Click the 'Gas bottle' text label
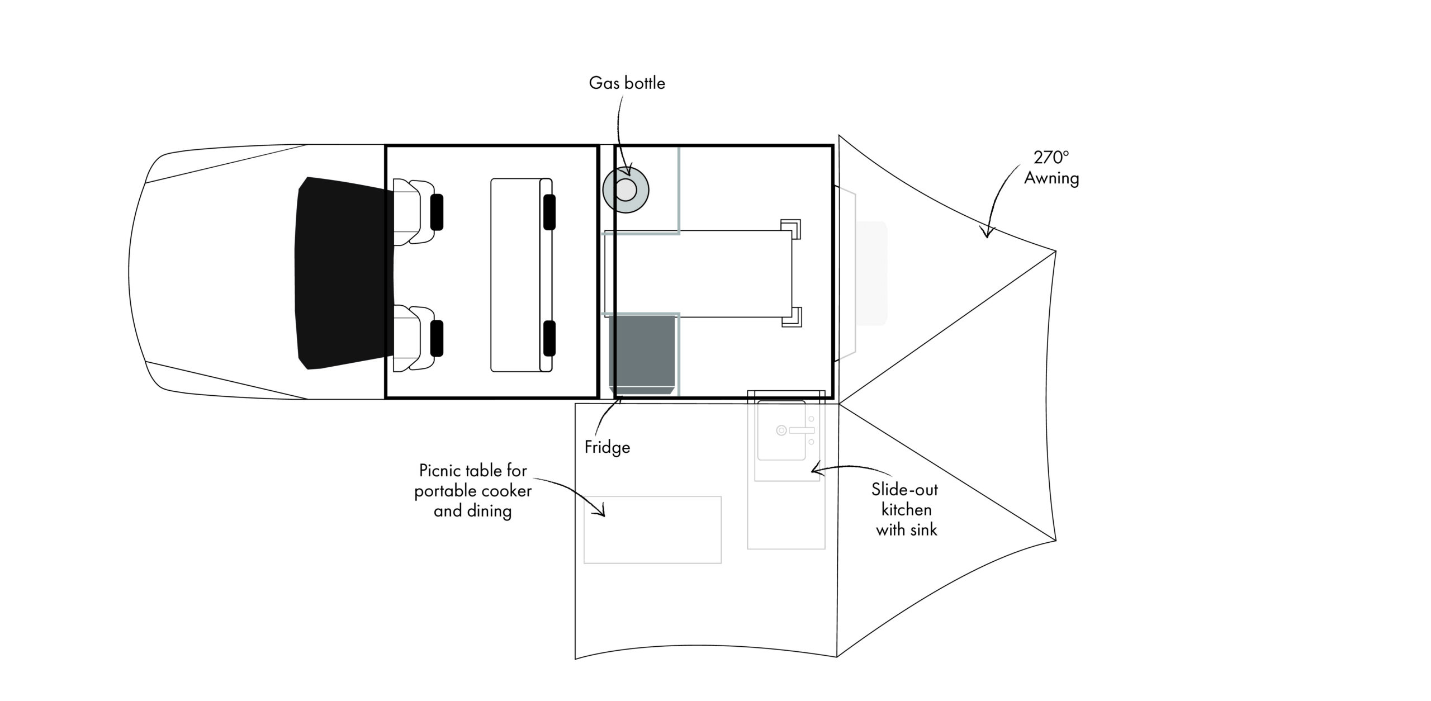(627, 83)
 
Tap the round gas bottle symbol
(626, 191)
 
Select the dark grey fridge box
(642, 354)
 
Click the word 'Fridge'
(607, 447)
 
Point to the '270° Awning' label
(1051, 168)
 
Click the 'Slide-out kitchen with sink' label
(906, 509)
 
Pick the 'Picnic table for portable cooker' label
(473, 481)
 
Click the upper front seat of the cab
(414, 211)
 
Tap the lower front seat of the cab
(414, 338)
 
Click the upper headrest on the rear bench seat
(549, 212)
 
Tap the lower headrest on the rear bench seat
(549, 339)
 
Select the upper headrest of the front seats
(437, 212)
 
